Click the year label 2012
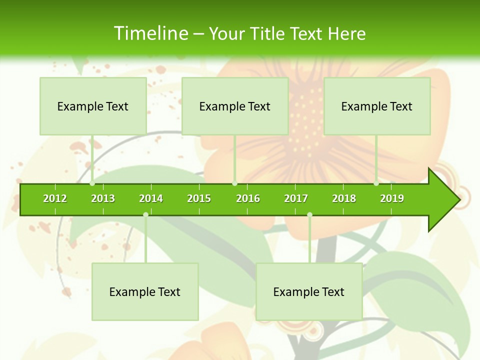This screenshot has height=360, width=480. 55,198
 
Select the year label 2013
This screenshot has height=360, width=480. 103,198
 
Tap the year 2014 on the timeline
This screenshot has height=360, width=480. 151,198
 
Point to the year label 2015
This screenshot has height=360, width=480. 199,198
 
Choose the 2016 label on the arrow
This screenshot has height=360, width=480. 248,198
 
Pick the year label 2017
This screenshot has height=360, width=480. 296,198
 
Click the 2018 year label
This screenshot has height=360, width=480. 344,198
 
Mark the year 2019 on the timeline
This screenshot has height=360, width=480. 392,198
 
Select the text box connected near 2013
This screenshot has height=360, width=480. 93,106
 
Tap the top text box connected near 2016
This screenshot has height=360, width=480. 235,106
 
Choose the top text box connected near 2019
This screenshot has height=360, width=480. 377,106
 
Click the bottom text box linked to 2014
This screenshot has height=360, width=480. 145,291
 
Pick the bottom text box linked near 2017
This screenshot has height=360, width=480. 309,291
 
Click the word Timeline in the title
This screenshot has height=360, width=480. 150,33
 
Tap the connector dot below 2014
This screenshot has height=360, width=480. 145,214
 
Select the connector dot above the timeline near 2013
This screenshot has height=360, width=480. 92,183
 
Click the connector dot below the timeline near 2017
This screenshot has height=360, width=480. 309,214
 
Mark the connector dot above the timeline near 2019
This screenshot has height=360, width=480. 376,183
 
